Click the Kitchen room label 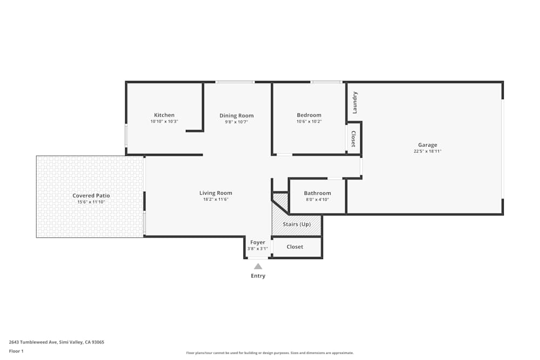click(x=164, y=115)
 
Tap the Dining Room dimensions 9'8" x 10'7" click(x=237, y=122)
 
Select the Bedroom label click(x=309, y=115)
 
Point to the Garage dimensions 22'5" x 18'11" click(x=427, y=151)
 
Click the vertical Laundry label click(x=355, y=103)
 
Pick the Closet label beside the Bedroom click(x=354, y=139)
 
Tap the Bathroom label click(x=318, y=193)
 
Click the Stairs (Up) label click(x=297, y=224)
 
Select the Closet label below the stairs click(x=295, y=247)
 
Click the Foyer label click(x=258, y=242)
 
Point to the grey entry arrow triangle click(x=258, y=266)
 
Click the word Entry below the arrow click(x=258, y=276)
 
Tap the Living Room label click(x=215, y=193)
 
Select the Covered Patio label click(x=91, y=195)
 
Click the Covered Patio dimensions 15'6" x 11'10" click(x=91, y=202)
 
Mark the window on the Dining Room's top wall click(x=235, y=82)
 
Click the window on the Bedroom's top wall click(x=326, y=82)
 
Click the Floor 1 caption click(x=16, y=351)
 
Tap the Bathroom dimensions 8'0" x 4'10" click(x=318, y=200)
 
